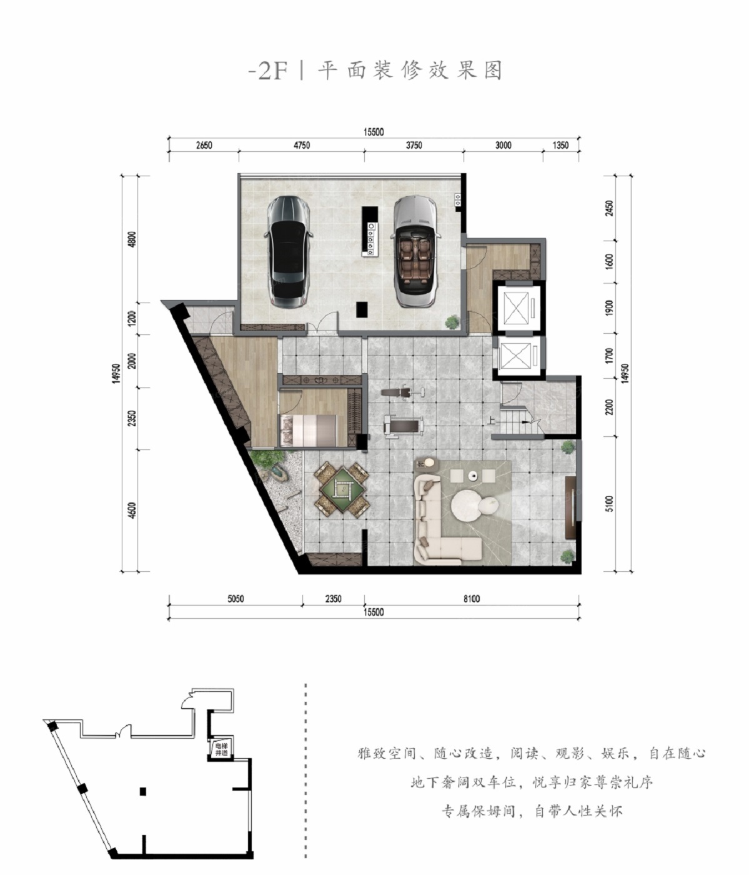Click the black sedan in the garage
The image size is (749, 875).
[x=289, y=251]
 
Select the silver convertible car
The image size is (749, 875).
[x=417, y=251]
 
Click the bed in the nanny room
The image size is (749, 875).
[x=308, y=429]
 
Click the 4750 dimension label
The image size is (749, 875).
[x=302, y=145]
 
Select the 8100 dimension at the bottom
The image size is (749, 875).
[x=472, y=599]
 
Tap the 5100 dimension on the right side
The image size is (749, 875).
[x=609, y=504]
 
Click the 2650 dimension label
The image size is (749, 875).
[x=204, y=145]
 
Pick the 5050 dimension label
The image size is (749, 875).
[x=236, y=599]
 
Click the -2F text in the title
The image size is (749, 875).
[x=268, y=71]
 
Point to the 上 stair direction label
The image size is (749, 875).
[x=491, y=421]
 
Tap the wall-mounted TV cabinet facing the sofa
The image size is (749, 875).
[x=571, y=507]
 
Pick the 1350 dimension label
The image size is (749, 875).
[x=561, y=145]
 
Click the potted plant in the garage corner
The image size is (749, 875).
[x=452, y=322]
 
